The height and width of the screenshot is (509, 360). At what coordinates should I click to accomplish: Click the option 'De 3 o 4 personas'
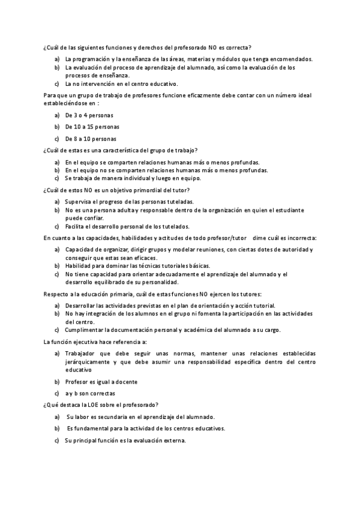(x=89, y=115)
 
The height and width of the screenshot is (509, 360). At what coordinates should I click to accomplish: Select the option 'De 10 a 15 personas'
(x=92, y=127)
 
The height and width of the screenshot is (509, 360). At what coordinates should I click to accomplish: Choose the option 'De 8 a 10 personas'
(x=91, y=139)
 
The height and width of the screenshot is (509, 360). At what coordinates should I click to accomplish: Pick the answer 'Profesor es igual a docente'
(x=101, y=382)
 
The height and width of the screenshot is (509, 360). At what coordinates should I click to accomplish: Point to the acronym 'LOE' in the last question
(x=91, y=405)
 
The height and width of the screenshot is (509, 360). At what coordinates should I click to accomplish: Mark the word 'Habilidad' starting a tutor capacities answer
(x=79, y=265)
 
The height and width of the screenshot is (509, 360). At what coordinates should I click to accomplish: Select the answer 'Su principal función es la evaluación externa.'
(x=125, y=441)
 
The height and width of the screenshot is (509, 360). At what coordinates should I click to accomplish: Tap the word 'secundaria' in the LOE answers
(x=112, y=417)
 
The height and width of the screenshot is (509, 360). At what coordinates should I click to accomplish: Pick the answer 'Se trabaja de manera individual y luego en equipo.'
(x=133, y=178)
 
